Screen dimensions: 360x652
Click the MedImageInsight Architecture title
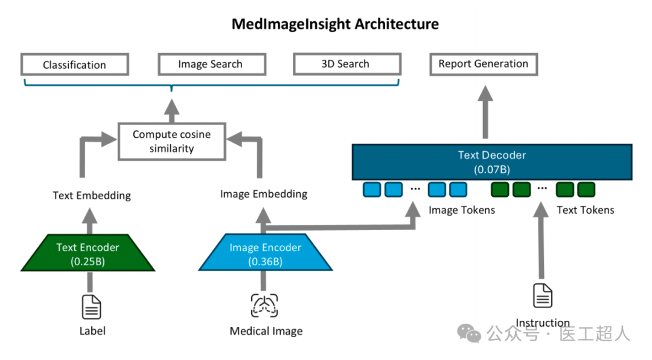coord(335,24)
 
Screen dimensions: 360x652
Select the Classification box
coord(74,65)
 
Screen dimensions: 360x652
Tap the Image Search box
coord(211,64)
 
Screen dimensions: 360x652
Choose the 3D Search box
coord(346,64)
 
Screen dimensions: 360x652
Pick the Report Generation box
coord(483,64)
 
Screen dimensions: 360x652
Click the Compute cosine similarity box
coord(171,141)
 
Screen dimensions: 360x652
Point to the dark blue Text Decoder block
coord(491,161)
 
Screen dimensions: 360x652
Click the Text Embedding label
coord(92,195)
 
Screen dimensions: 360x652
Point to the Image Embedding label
coord(264,194)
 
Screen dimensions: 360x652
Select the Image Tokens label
coord(462,210)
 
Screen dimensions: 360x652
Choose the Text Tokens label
coord(585,210)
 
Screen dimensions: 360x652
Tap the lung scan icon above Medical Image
coord(264,305)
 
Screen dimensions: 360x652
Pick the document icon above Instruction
coord(542,296)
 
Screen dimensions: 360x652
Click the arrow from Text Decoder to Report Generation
coord(484,112)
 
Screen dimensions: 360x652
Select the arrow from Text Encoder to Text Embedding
coord(90,220)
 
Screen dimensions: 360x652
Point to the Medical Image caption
coord(266,331)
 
